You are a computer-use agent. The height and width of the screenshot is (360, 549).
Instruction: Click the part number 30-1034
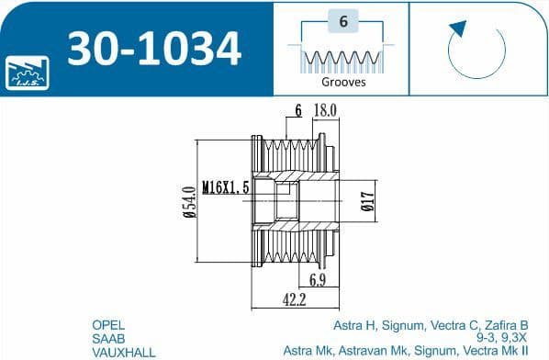pos(154,49)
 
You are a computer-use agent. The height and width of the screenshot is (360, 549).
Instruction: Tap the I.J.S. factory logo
pos(28,73)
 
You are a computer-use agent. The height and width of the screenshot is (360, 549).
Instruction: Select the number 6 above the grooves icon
pos(343,21)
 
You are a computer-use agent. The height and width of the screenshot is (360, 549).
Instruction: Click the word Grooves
pos(343,82)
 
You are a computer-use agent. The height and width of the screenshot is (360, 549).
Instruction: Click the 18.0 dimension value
pos(325,110)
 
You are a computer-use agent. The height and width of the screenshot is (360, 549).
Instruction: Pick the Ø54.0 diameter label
pos(189,202)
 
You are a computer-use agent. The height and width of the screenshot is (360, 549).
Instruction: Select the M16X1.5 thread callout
pos(226,187)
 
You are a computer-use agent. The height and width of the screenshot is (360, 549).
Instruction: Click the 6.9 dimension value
pos(318,280)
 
